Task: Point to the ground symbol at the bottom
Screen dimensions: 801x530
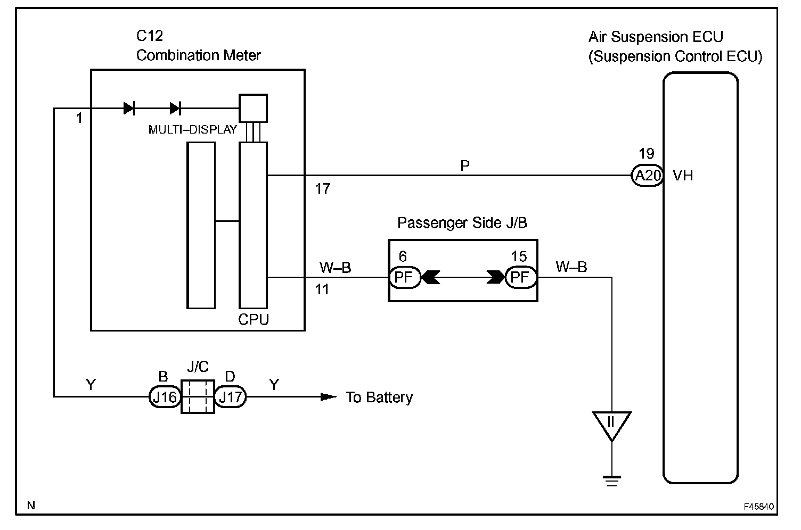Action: click(x=612, y=481)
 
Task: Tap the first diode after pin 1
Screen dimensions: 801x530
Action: click(x=129, y=108)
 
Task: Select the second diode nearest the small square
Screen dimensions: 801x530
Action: click(x=175, y=108)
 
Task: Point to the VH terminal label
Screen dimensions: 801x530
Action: click(x=683, y=176)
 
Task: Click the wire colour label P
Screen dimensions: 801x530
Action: click(x=465, y=165)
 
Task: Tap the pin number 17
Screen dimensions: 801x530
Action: click(x=323, y=188)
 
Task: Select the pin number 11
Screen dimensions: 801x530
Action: click(x=322, y=289)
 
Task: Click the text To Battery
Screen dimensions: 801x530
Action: click(x=379, y=397)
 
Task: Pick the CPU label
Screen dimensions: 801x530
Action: click(x=253, y=319)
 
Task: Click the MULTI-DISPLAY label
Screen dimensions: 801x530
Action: click(x=192, y=129)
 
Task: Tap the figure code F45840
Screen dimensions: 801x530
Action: click(x=759, y=507)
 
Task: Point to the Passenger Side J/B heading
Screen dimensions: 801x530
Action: click(x=462, y=222)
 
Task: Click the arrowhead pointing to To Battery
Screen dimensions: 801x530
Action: click(x=328, y=396)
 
